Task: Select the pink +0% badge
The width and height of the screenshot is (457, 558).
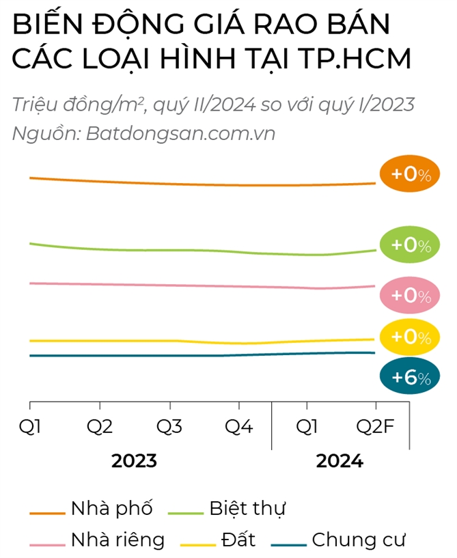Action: pyautogui.click(x=410, y=296)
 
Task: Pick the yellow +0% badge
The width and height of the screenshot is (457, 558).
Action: pyautogui.click(x=410, y=337)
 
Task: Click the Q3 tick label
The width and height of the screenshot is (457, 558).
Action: pyautogui.click(x=169, y=428)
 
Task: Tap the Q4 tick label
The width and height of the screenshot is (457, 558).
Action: pyautogui.click(x=238, y=428)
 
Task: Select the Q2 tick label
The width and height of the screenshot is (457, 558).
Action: pyautogui.click(x=100, y=428)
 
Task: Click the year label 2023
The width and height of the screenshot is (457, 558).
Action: pyautogui.click(x=134, y=461)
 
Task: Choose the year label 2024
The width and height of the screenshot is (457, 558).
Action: pyautogui.click(x=340, y=461)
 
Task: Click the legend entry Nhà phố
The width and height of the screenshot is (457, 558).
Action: pyautogui.click(x=111, y=509)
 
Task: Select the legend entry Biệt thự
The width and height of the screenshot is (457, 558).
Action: pyautogui.click(x=247, y=509)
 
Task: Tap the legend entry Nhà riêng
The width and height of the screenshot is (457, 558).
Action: pyautogui.click(x=117, y=540)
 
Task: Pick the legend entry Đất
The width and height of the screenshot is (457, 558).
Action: pyautogui.click(x=238, y=540)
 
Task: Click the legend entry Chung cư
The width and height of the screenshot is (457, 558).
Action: pyautogui.click(x=358, y=540)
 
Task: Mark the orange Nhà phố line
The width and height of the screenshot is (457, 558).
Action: pyautogui.click(x=205, y=184)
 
